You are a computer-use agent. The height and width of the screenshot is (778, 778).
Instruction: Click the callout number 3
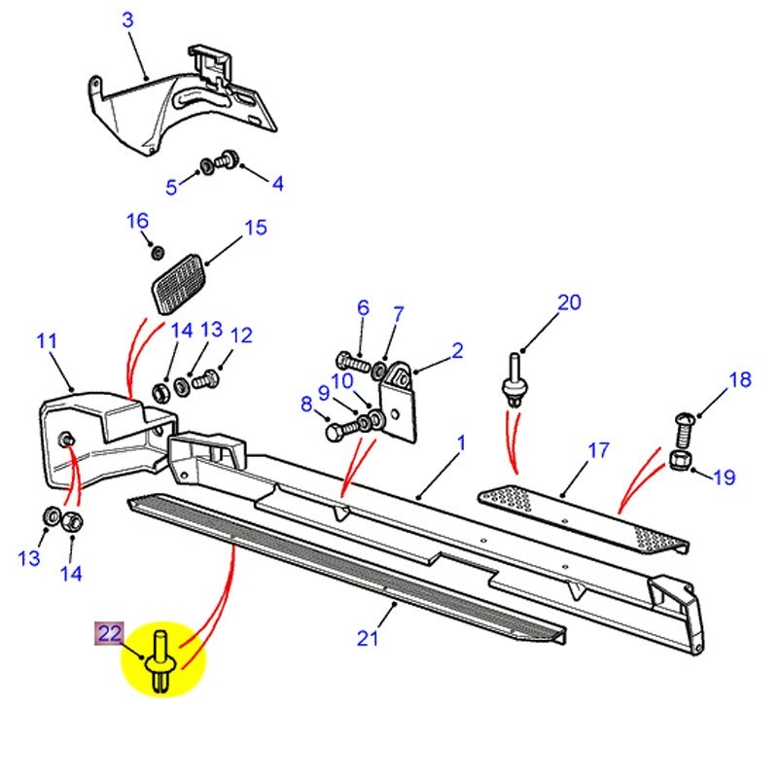pos(126,19)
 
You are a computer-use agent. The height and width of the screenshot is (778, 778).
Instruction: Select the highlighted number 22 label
pos(108,634)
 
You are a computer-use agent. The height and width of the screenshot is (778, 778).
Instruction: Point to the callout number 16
pos(137,221)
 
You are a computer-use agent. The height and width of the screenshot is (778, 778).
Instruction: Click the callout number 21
pos(366,638)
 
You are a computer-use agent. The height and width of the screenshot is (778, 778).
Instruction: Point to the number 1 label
pos(461,442)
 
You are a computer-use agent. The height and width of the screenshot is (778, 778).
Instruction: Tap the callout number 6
pos(363,308)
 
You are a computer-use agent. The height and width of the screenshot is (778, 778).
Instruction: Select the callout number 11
pos(47,341)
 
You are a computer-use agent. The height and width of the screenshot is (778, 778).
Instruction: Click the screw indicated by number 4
pos(230,157)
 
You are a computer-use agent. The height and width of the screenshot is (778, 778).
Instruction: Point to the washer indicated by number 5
pos(207,165)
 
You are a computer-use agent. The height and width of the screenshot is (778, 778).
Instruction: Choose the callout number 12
pos(241,336)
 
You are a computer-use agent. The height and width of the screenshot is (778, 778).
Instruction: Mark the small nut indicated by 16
pos(158,253)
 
